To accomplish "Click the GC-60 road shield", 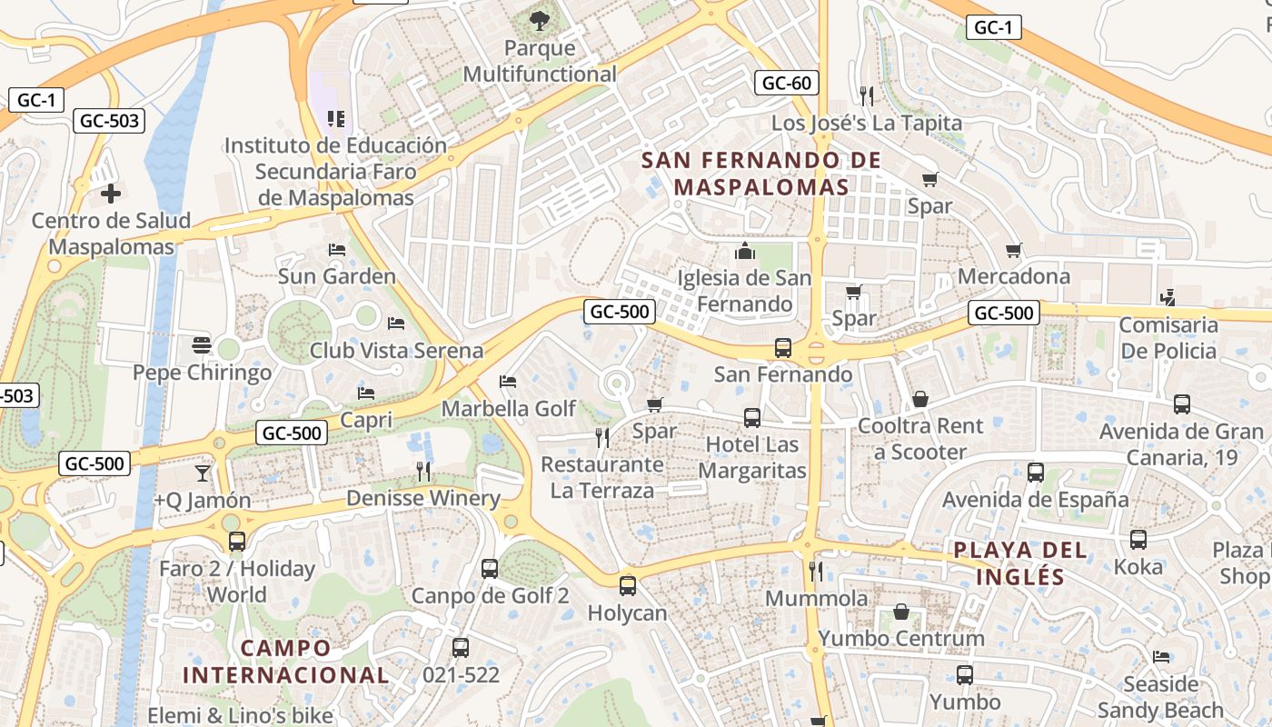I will [x=786, y=84].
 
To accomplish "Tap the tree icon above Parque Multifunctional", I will [x=540, y=19].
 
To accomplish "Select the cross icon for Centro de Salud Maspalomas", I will [x=111, y=194].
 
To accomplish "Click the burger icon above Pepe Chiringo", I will [x=202, y=345].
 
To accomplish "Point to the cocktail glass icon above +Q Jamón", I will [x=202, y=473].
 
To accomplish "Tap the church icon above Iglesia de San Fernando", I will [x=745, y=250].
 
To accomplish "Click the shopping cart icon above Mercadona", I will [x=1014, y=250].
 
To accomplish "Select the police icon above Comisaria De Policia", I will [x=1168, y=297].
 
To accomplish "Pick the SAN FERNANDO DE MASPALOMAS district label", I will [x=760, y=174].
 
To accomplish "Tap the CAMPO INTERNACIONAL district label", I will [x=285, y=662].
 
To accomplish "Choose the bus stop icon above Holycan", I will [x=627, y=586].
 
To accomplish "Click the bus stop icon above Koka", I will [x=1138, y=540].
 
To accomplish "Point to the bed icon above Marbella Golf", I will [x=508, y=382].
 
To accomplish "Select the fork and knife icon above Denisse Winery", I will [x=423, y=471].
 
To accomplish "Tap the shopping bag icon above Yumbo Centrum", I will [x=901, y=612].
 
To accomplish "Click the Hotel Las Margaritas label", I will [x=752, y=457].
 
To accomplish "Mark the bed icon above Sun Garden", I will [x=337, y=250].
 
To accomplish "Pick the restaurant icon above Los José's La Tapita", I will [x=866, y=95].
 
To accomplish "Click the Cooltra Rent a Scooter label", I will [x=920, y=438].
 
